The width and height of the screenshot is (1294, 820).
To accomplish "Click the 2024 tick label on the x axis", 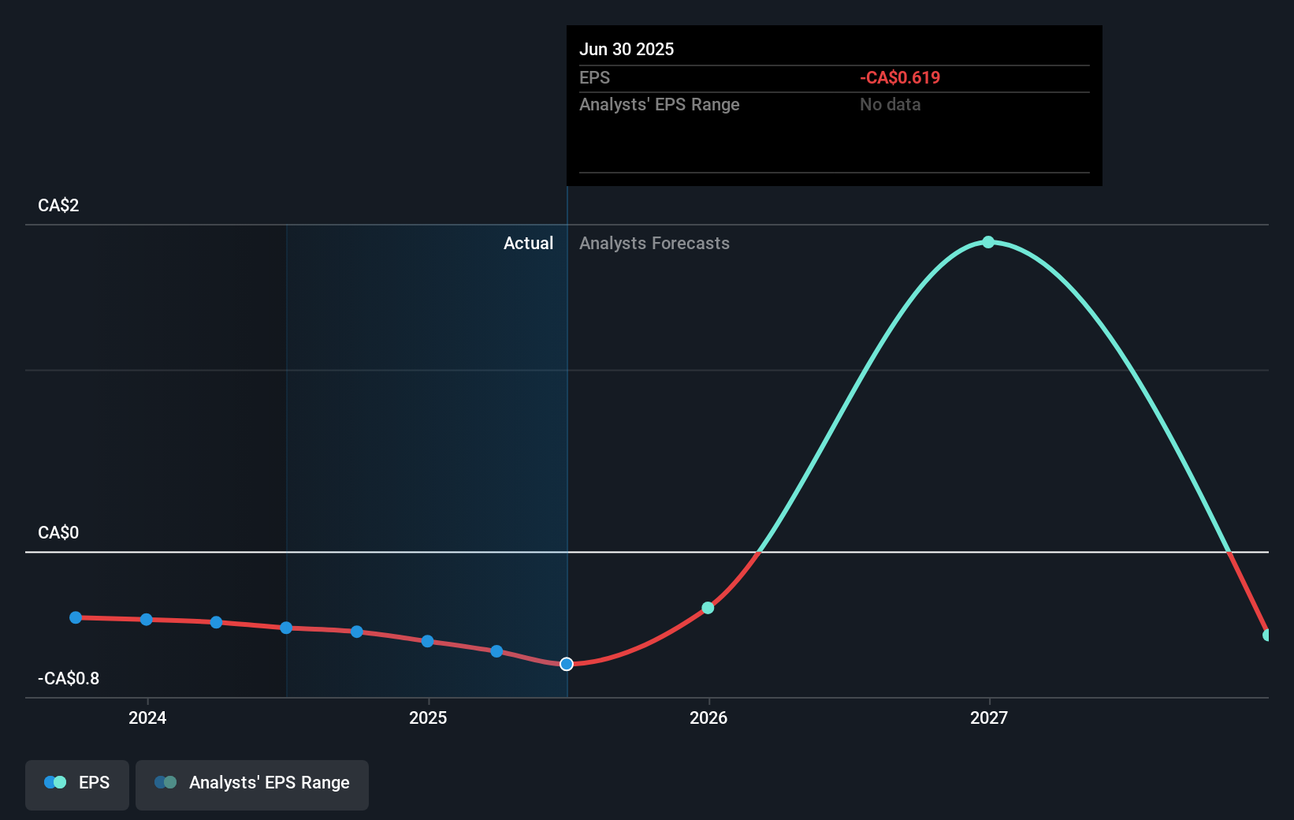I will pos(147,717).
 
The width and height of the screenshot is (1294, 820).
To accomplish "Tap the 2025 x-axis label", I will pos(428,717).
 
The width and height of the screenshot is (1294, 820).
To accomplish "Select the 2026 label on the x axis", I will pos(708,717).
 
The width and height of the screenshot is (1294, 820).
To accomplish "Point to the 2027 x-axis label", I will pos(989,717).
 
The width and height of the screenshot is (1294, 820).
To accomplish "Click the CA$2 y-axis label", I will pos(58,206).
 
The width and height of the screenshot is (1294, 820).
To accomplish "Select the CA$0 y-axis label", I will pos(58,533).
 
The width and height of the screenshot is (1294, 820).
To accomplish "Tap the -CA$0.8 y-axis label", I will pos(69,679).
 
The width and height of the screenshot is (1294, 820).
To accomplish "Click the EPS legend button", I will pos(77,783).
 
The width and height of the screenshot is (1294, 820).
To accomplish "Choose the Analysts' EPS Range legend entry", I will pos(252,783).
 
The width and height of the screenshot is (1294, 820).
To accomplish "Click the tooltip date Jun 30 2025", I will pos(627,49).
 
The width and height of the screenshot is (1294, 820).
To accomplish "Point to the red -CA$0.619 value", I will pos(900,78).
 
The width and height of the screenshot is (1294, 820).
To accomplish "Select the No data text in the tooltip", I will pos(890,105).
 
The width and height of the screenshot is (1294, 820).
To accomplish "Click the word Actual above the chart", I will pos(528,244).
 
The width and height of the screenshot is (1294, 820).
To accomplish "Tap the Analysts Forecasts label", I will pos(654,244).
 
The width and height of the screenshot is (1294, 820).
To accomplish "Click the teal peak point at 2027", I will pos(988,242).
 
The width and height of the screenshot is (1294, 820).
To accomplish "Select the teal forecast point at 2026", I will pos(708,608).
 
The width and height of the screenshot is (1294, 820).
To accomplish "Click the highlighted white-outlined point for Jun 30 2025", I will pos(567,664).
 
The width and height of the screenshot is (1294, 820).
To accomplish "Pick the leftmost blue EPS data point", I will pos(76,617).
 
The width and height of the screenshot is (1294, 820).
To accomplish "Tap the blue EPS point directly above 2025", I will pos(427,641).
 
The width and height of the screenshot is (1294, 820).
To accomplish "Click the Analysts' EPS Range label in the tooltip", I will pos(659,105).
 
